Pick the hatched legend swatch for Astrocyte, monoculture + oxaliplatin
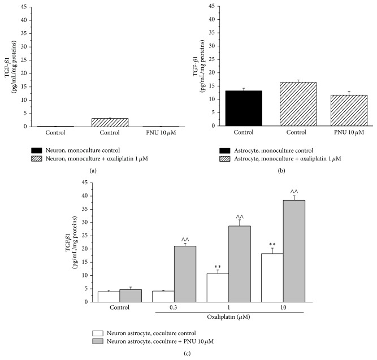tap(226, 160)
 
